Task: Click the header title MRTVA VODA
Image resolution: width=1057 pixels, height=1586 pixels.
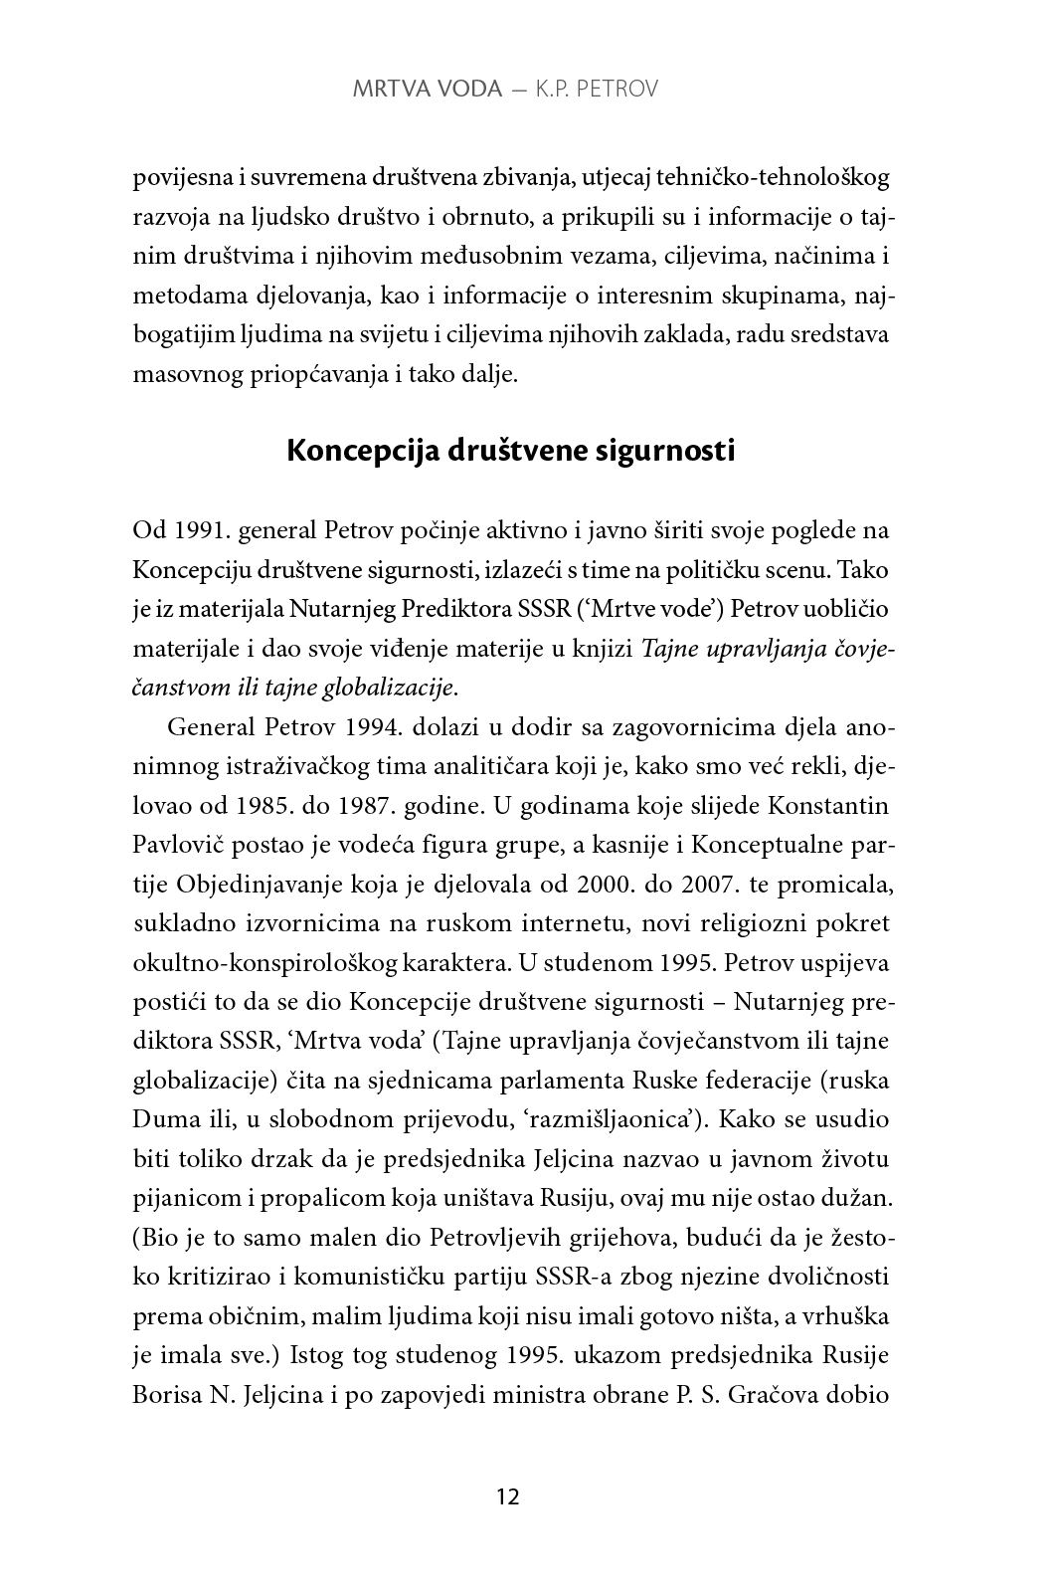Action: pos(427,90)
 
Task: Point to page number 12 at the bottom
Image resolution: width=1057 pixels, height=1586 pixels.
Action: pos(507,1496)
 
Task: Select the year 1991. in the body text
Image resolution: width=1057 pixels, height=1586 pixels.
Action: pos(200,531)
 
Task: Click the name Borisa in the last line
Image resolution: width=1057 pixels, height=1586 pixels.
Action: pos(165,1394)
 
